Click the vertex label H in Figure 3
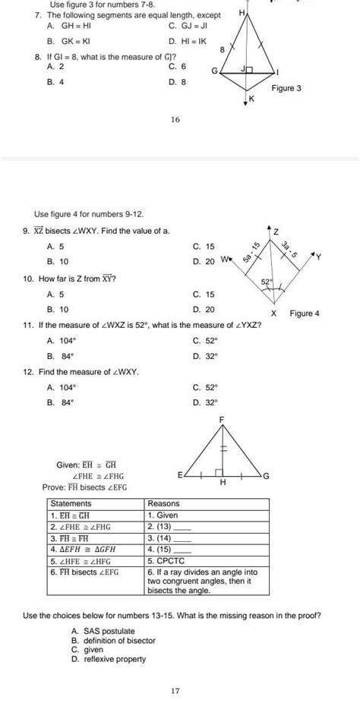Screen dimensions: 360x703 pos(242,13)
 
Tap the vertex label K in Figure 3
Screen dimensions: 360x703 pos(252,99)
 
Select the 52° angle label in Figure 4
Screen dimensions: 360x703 pos(267,281)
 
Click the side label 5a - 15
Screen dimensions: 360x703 pos(252,253)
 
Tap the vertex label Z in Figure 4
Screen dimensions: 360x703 pos(276,231)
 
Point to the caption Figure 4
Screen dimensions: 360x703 pos(305,313)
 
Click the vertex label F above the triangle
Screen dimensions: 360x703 pos(222,419)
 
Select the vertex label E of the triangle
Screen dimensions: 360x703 pos(180,475)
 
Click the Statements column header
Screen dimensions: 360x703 pos(70,503)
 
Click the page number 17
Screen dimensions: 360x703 pos(175,690)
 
